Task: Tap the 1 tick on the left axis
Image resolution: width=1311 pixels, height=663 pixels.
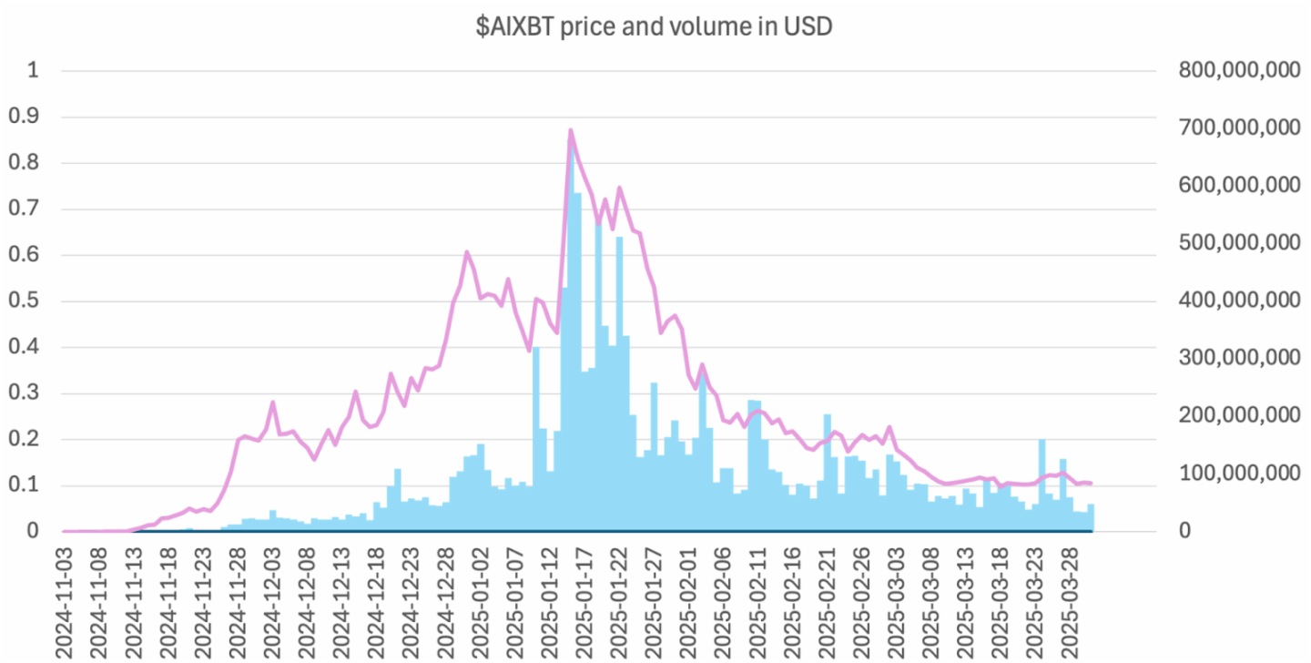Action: point(35,70)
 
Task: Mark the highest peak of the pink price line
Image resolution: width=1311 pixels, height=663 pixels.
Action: point(571,130)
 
